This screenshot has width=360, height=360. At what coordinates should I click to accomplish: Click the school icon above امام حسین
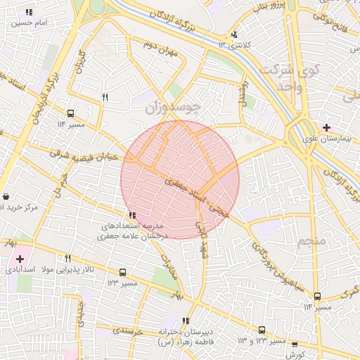29,12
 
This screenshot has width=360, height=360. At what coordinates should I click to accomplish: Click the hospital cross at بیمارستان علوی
326,127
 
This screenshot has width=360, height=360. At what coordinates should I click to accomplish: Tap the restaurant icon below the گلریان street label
105,98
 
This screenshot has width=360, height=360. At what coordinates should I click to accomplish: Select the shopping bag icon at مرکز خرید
6,196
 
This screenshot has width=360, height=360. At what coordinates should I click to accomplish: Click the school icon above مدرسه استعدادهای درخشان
132,215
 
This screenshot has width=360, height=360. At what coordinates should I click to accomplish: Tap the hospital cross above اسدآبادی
20,259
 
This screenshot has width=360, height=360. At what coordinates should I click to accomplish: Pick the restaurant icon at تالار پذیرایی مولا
67,259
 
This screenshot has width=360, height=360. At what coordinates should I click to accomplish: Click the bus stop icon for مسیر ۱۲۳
123,272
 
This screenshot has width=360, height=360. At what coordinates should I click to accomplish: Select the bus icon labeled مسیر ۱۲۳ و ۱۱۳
262,330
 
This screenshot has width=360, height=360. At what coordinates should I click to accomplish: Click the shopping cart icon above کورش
295,345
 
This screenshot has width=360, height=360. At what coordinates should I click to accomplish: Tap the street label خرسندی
128,329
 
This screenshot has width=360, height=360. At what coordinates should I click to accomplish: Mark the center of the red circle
180,179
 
